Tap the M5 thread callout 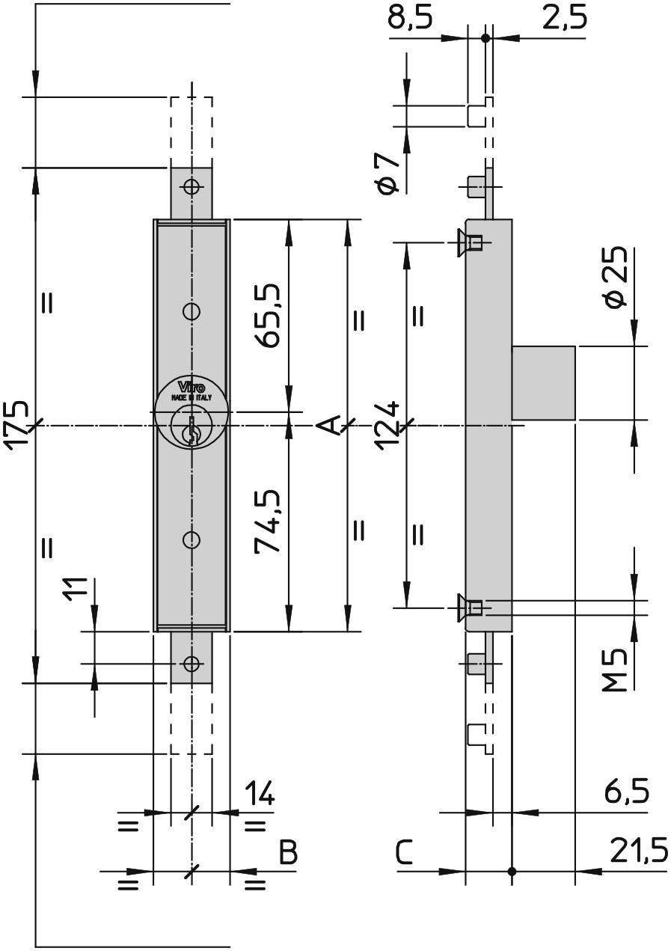[615, 670]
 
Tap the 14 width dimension [260, 792]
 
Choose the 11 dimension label [76, 590]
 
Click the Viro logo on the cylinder [192, 387]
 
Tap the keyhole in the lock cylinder [192, 430]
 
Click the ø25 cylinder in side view [543, 383]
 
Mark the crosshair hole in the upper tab [192, 186]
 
